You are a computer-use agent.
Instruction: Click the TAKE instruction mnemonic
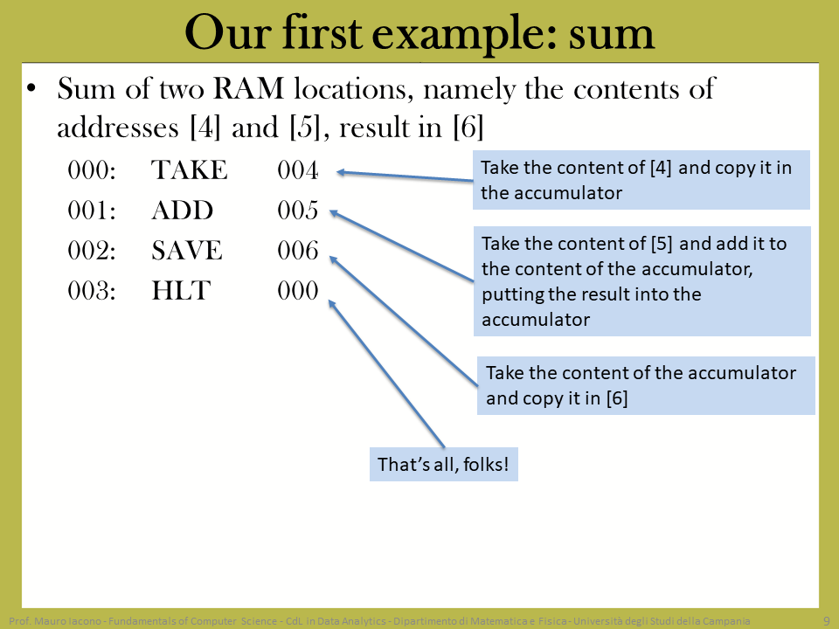coord(190,170)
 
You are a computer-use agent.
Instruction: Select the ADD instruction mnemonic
coord(183,211)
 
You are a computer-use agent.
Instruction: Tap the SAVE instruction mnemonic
coord(187,251)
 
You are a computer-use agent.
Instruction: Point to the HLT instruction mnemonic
coord(181,290)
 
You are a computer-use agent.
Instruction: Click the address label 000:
coord(92,170)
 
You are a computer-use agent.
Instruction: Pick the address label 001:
coord(92,211)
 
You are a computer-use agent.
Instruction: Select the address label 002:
coord(92,251)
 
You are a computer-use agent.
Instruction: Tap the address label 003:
coord(92,290)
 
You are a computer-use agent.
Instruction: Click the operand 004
coord(297,170)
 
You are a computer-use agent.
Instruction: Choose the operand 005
coord(297,211)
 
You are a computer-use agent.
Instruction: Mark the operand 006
coord(297,251)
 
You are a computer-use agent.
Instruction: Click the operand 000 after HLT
coord(297,290)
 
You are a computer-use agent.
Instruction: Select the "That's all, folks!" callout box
coord(444,464)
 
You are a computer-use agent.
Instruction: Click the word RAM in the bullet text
coord(248,89)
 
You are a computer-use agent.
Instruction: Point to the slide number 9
coord(827,621)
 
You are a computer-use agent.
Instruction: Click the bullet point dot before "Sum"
coord(31,88)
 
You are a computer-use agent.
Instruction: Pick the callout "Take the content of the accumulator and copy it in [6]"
coord(646,385)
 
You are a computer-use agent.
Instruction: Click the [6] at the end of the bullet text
coord(468,128)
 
